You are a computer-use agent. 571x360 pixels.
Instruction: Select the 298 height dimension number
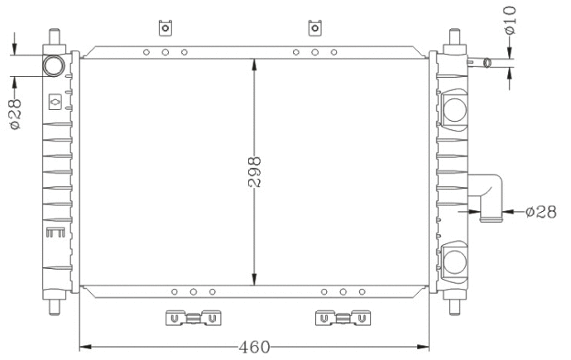[254, 172]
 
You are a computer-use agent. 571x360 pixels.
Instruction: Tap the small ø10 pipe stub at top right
[482, 62]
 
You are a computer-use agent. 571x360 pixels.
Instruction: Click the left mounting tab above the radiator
[166, 28]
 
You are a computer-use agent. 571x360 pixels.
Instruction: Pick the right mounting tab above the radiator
[314, 28]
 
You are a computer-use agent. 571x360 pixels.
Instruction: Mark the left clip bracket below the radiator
[192, 317]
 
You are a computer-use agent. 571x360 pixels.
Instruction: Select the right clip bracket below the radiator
[342, 317]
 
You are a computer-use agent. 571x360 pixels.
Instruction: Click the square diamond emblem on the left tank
[55, 102]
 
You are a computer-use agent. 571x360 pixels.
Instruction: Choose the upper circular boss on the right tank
[455, 108]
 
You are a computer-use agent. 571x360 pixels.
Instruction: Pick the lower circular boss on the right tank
[455, 263]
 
